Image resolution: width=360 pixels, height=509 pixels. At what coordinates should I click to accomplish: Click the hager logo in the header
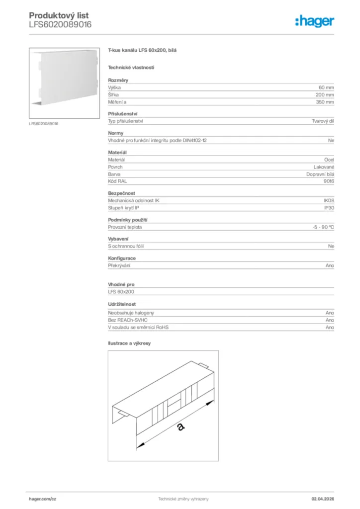point(314,20)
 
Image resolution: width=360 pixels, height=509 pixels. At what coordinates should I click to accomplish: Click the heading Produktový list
point(59,16)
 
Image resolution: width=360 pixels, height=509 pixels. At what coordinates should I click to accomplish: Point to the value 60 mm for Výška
point(326,87)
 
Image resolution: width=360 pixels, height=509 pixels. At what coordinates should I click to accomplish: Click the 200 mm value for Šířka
point(325,94)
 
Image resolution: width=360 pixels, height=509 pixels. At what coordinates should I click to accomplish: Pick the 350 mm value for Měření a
point(325,102)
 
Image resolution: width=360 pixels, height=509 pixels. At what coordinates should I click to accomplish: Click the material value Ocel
point(329,160)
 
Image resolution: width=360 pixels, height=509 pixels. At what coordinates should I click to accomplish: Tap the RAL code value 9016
point(328,181)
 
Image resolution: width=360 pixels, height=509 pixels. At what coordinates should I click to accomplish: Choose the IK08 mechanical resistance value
point(329,200)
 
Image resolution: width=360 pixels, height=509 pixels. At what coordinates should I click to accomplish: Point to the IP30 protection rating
point(329,208)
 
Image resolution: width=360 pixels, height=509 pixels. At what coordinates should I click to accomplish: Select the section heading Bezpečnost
point(121,193)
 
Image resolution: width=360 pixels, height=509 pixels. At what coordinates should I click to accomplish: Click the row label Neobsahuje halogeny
point(131,313)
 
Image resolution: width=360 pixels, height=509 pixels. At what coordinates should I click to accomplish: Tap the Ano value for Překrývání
point(330,265)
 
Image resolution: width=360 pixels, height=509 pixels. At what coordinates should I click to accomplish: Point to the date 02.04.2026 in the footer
point(323,499)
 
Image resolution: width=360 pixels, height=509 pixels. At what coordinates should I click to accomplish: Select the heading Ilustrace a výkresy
point(129,343)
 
